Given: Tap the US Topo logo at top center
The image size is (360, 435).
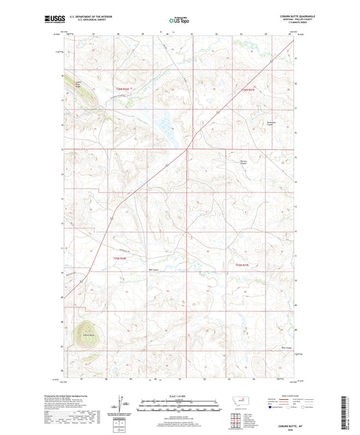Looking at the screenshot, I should click(x=179, y=20).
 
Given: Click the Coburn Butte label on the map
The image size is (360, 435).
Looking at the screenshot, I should click(x=88, y=334).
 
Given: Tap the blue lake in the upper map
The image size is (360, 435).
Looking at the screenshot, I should click(x=165, y=125).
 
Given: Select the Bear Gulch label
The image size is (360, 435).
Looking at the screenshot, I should click(x=153, y=268).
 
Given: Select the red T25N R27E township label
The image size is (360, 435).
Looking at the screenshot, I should click(x=242, y=265).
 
